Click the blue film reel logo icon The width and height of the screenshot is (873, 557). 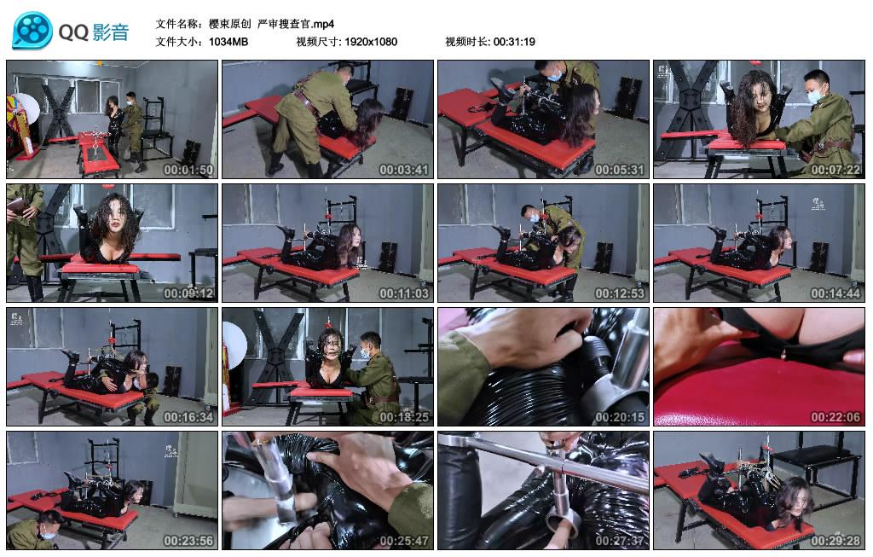click(x=33, y=31)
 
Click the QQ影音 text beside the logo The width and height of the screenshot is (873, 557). click(x=94, y=32)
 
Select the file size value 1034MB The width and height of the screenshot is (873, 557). click(x=228, y=42)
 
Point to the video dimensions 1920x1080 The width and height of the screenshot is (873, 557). click(x=371, y=42)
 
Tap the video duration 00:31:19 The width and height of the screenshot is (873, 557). click(x=514, y=42)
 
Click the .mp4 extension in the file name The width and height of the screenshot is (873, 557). click(x=323, y=24)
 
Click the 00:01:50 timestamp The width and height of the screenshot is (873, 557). click(x=188, y=170)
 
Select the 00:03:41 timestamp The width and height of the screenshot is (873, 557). click(x=403, y=170)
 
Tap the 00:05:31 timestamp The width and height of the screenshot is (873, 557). click(x=619, y=170)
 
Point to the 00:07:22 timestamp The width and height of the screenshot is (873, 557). click(x=835, y=170)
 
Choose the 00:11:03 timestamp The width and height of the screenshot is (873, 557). click(x=403, y=293)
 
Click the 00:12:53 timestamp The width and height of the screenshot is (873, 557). click(x=619, y=293)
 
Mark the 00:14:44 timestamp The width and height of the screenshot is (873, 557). click(x=835, y=293)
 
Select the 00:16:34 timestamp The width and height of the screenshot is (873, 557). click(x=188, y=416)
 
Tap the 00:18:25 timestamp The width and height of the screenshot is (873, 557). click(x=403, y=416)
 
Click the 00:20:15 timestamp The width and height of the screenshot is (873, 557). click(x=619, y=416)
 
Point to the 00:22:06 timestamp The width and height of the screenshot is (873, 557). click(x=835, y=416)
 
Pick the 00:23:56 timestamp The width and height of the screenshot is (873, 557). click(x=188, y=540)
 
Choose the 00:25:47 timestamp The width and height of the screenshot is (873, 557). click(x=403, y=540)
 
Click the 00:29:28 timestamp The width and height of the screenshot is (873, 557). click(x=835, y=540)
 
